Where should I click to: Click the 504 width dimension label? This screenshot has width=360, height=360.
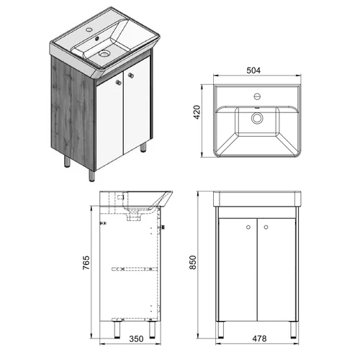pyautogui.click(x=253, y=71)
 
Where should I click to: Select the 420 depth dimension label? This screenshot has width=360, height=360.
pyautogui.click(x=197, y=112)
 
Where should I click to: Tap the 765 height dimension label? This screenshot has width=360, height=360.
pyautogui.click(x=86, y=263)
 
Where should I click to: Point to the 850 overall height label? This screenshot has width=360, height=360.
pyautogui.click(x=193, y=262)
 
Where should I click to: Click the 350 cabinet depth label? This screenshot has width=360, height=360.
pyautogui.click(x=136, y=339)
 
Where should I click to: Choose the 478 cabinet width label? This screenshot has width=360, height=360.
pyautogui.click(x=259, y=338)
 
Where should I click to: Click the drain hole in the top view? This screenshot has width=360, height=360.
pyautogui.click(x=257, y=118)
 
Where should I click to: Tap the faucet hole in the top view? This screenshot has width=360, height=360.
pyautogui.click(x=257, y=96)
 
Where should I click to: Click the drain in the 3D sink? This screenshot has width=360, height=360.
pyautogui.click(x=104, y=53)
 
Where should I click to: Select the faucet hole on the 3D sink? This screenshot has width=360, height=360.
pyautogui.click(x=89, y=30)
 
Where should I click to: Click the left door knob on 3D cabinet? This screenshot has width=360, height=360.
pyautogui.click(x=118, y=82)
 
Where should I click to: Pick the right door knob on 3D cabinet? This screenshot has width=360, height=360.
pyautogui.click(x=131, y=75)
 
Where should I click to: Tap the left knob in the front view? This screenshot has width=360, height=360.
pyautogui.click(x=248, y=227)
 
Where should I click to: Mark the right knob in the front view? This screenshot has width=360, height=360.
pyautogui.click(x=266, y=227)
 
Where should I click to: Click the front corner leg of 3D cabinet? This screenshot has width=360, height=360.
pyautogui.click(x=91, y=176)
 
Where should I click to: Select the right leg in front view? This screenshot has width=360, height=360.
pyautogui.click(x=293, y=330)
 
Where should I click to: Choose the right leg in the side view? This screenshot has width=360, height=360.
pyautogui.click(x=152, y=330)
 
